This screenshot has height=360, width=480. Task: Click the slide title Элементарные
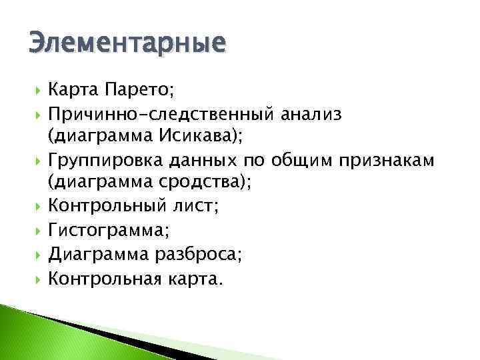coord(127,44)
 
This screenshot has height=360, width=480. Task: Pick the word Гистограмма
coord(106,231)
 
